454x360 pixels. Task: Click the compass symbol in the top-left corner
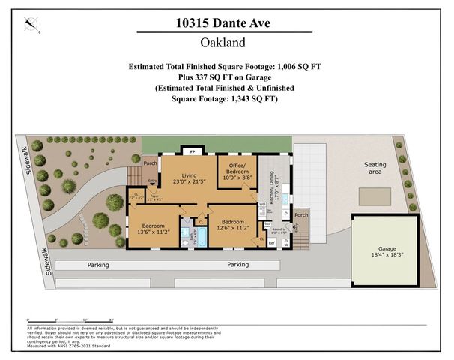tap(31, 25)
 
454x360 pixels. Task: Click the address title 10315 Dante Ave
tap(226, 23)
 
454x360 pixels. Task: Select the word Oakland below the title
tap(226, 43)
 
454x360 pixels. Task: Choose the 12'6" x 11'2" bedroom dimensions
tap(231, 226)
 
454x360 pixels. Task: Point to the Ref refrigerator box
tap(272, 241)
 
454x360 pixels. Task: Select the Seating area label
tap(375, 168)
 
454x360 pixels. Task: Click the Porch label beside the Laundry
tap(301, 215)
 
